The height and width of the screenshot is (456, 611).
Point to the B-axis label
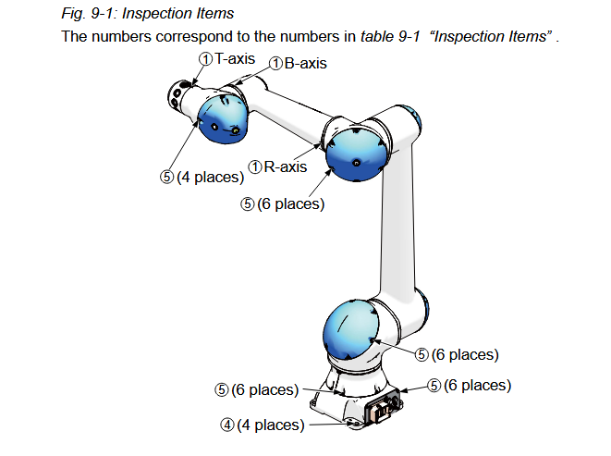pos(305,64)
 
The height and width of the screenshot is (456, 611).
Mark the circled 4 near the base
pos(226,425)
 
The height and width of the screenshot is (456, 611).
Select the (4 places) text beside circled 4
pos(270,425)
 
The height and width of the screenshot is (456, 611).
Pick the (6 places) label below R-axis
pos(290,203)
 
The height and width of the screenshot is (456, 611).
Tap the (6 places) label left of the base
pos(264,389)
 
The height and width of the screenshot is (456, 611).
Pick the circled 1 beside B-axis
pos(275,64)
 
